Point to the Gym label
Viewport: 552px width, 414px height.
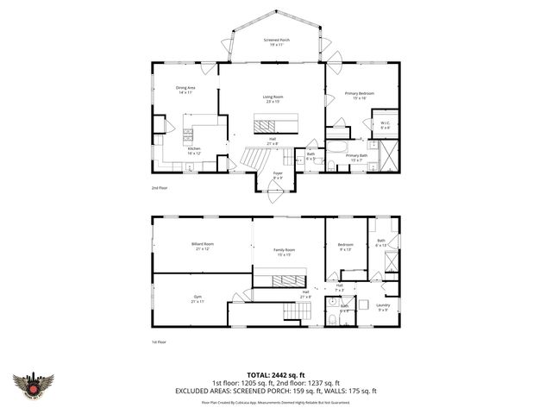pyautogui.click(x=198, y=299)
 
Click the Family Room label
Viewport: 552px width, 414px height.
pyautogui.click(x=285, y=252)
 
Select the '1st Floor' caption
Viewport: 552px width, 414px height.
pyautogui.click(x=158, y=342)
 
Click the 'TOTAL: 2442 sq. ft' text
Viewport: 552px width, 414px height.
pyautogui.click(x=276, y=373)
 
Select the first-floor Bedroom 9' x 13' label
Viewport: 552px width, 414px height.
pyautogui.click(x=346, y=248)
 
